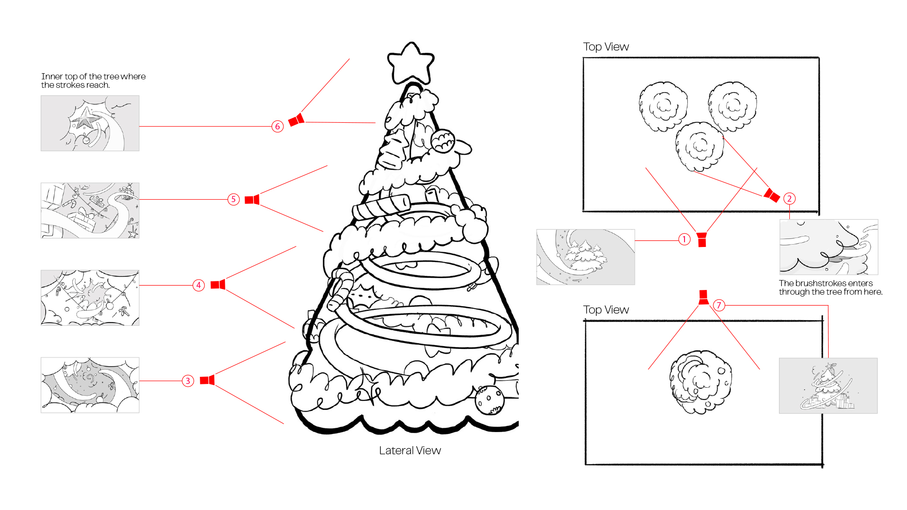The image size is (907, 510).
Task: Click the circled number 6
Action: pyautogui.click(x=277, y=127)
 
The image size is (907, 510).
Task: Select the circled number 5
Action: pyautogui.click(x=233, y=199)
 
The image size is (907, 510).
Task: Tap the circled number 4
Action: pyautogui.click(x=198, y=285)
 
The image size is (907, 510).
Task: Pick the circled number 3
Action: pyautogui.click(x=188, y=381)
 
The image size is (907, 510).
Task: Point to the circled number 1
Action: pyautogui.click(x=684, y=239)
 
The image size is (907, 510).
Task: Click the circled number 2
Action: pyautogui.click(x=789, y=199)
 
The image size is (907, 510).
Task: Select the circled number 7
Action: pyautogui.click(x=719, y=305)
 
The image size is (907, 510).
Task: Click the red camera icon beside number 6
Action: pyautogui.click(x=297, y=120)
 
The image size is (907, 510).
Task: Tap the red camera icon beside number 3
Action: pyautogui.click(x=207, y=380)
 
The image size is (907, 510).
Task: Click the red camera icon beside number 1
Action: pyautogui.click(x=702, y=239)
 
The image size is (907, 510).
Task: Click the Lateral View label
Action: pyautogui.click(x=410, y=450)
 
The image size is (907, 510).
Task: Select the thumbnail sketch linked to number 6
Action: pyautogui.click(x=90, y=123)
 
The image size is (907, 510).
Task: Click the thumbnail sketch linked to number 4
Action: pyautogui.click(x=90, y=297)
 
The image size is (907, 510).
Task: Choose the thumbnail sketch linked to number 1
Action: pyautogui.click(x=585, y=257)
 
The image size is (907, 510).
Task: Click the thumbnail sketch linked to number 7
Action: pyautogui.click(x=828, y=386)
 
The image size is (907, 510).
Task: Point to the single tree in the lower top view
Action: pyautogui.click(x=700, y=382)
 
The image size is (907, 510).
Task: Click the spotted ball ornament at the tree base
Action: pyautogui.click(x=489, y=399)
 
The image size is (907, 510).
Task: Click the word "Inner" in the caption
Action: pyautogui.click(x=51, y=76)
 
